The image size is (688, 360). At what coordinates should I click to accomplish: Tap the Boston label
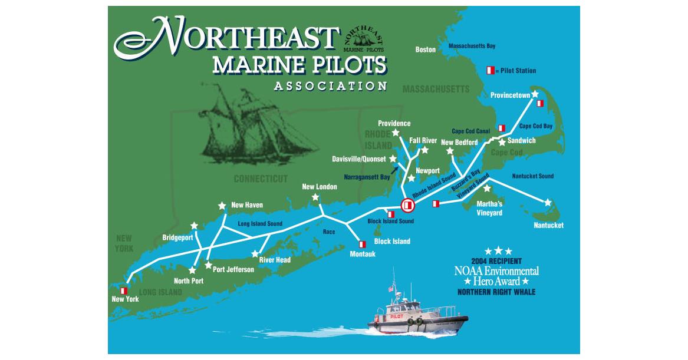[x=425, y=50]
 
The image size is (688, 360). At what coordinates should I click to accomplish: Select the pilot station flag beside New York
[x=124, y=290]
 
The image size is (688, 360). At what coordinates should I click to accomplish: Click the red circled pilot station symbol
[x=407, y=205]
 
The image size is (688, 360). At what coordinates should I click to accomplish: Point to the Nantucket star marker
[x=548, y=202]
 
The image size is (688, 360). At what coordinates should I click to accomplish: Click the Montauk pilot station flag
[x=363, y=244]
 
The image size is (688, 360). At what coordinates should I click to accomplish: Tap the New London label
[x=319, y=187]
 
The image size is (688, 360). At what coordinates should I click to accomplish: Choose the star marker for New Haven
[x=222, y=206]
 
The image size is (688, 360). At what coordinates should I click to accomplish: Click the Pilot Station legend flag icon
[x=489, y=71]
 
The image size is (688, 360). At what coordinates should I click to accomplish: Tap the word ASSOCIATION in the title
[x=330, y=86]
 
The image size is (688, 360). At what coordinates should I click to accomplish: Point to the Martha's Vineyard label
[x=489, y=209]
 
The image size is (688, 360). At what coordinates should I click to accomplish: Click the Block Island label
[x=392, y=242]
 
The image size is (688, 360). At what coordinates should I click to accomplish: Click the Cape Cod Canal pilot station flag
[x=502, y=128]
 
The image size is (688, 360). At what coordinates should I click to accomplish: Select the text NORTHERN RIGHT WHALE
[x=496, y=292]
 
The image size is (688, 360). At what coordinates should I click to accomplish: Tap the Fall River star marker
[x=424, y=150]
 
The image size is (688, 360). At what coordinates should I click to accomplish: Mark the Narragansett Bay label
[x=367, y=176]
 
